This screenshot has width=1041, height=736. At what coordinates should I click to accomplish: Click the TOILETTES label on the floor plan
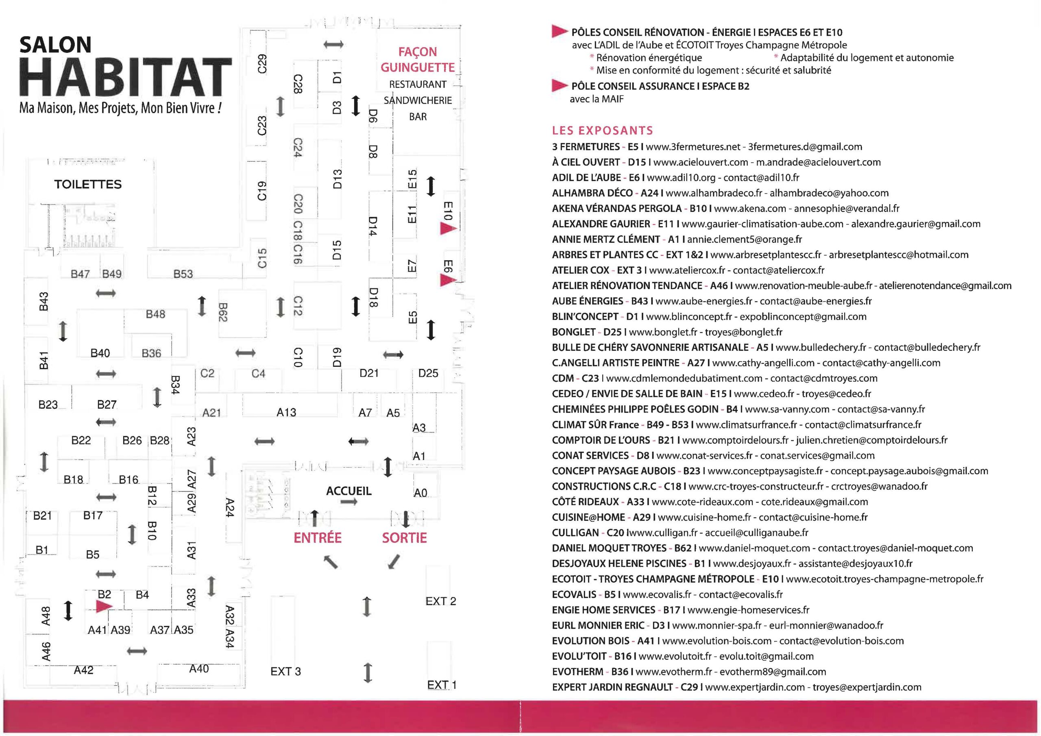(87, 184)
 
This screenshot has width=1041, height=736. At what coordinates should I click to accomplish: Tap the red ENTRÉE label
(317, 538)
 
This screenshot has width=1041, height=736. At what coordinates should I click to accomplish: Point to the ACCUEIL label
(348, 491)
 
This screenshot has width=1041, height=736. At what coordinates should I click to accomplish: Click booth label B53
(183, 274)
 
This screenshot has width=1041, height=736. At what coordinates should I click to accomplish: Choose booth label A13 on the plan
(286, 412)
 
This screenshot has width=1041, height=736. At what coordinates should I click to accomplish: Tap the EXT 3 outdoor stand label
(285, 671)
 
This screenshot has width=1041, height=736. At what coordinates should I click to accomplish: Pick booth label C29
(262, 63)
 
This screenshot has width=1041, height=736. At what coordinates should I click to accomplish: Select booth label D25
(428, 373)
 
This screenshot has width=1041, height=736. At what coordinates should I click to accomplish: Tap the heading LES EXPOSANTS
(603, 131)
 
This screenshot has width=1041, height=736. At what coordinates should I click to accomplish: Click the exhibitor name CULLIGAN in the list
(575, 532)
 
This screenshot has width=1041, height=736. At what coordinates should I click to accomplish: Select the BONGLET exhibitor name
(573, 332)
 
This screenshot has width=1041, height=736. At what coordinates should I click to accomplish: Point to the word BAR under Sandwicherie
(418, 117)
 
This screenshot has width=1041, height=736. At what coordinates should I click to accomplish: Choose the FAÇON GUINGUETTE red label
(418, 59)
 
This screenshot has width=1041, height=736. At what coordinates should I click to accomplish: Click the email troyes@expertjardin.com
(867, 687)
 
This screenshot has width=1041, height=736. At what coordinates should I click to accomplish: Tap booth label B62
(222, 312)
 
